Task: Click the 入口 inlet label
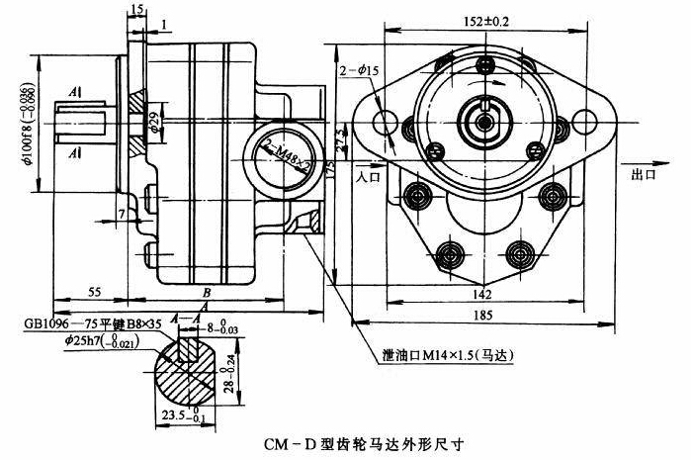(368, 175)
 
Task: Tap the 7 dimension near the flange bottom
(121, 214)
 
